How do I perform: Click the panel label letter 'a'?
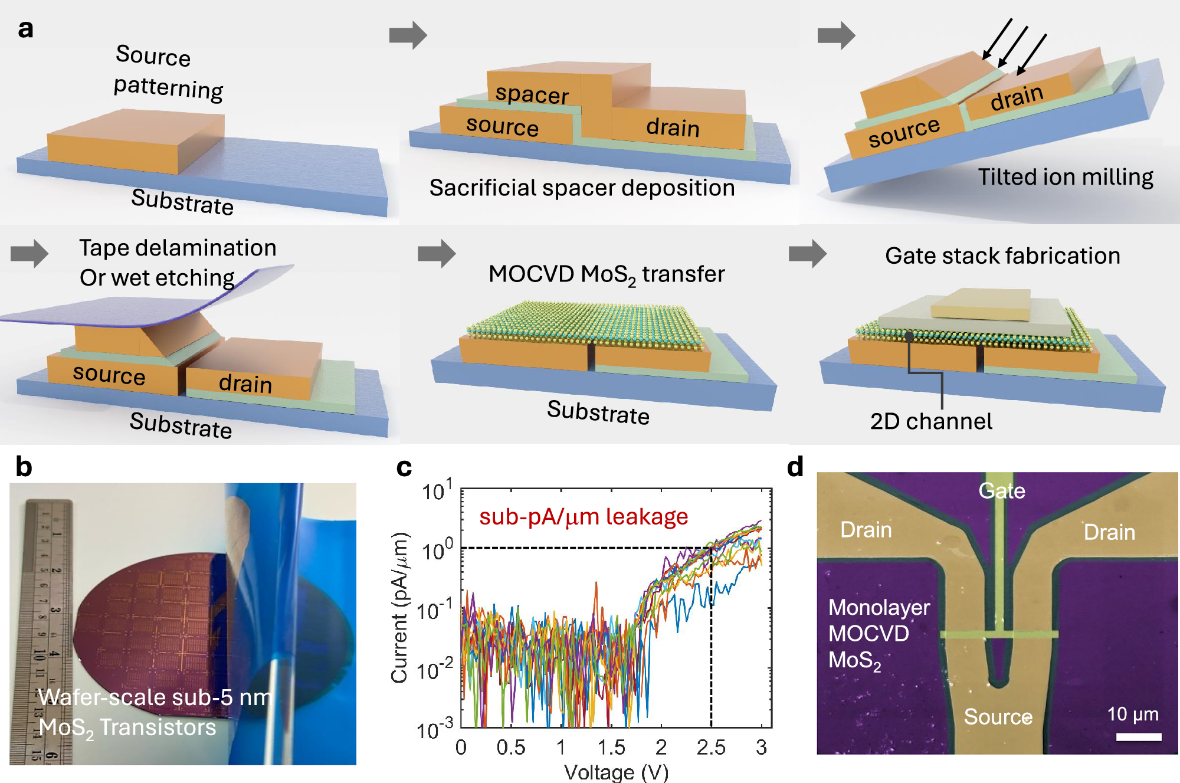point(25,28)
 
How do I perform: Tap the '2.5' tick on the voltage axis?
point(711,747)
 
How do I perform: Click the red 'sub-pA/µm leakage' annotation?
point(584,516)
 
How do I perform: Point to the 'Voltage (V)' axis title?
point(616,772)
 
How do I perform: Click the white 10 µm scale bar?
point(1139,736)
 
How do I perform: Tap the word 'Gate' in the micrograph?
point(1002,490)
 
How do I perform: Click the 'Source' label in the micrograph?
point(998,716)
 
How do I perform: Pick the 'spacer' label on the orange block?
point(532,94)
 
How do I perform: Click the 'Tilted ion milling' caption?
point(1066,177)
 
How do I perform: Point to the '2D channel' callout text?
point(931,421)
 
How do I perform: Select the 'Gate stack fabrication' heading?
point(1002,256)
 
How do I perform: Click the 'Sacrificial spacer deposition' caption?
point(582,188)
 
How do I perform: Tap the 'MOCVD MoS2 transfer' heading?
point(607,275)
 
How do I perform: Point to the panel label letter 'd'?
point(795,467)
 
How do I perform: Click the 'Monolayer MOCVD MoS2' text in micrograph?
point(879,634)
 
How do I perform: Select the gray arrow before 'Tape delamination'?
point(29,254)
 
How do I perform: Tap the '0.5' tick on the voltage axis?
point(511,747)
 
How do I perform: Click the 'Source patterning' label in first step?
point(168,72)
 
